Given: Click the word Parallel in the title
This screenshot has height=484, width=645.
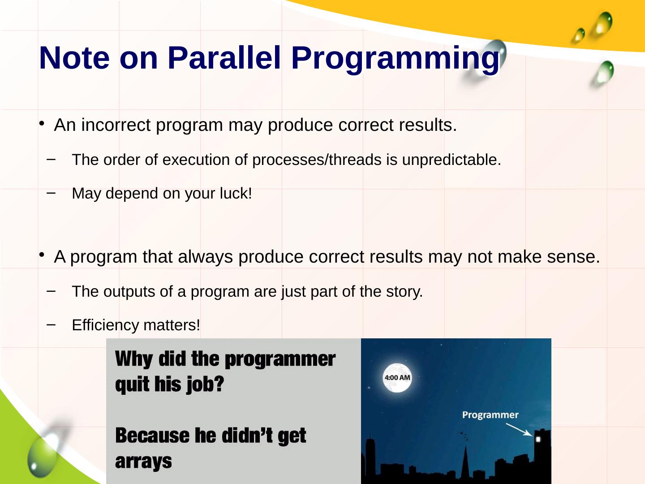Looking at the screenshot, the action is coord(224,58).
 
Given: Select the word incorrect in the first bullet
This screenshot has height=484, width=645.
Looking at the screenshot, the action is coord(116,125).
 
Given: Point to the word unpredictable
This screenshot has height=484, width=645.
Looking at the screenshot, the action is coord(451,160).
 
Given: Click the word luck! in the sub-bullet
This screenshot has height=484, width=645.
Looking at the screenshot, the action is coord(236,193).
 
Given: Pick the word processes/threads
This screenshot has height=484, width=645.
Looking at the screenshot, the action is coord(317,160).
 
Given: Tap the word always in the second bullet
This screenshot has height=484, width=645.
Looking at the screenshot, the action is coord(206,257).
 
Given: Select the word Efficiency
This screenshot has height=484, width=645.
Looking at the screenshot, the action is coord(106,325).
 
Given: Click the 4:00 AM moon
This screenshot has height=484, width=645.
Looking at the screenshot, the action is coord(397,378).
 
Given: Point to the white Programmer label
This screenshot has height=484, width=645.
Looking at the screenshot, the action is coord(490,415).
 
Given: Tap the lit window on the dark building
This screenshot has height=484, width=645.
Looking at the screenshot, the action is coord(538,439).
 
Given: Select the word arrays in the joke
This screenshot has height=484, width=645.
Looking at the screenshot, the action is coord(143,462).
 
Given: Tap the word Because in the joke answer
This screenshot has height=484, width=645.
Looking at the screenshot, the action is coord(152,436).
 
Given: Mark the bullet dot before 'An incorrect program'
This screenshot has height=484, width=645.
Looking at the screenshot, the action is coord(42,123).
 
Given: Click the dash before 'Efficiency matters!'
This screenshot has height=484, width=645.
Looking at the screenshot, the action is coord(51,324).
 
